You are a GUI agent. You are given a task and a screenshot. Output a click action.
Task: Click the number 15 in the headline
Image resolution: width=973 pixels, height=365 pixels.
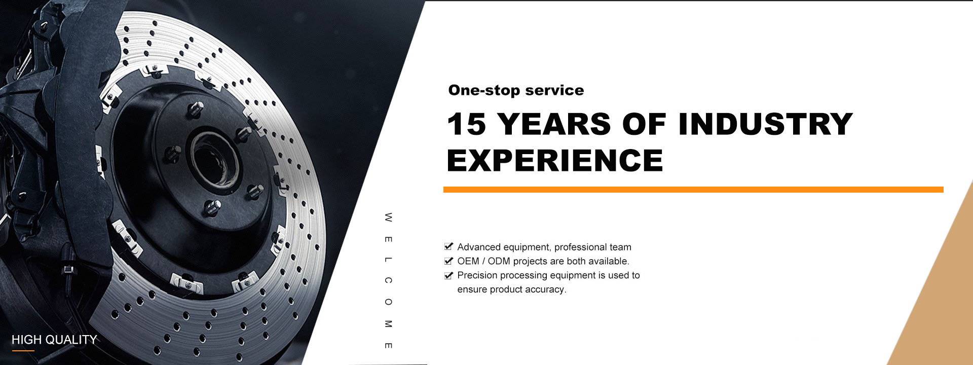pyautogui.click(x=466, y=124)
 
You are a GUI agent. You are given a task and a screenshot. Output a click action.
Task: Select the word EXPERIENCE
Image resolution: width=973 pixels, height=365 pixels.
pyautogui.click(x=555, y=161)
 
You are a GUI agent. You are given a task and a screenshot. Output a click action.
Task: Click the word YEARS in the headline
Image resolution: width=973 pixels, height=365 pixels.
pyautogui.click(x=554, y=124)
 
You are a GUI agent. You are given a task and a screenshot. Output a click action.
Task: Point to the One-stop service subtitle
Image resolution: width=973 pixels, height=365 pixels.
pyautogui.click(x=516, y=90)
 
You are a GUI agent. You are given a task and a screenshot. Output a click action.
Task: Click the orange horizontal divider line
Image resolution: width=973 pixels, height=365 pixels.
pyautogui.click(x=693, y=190)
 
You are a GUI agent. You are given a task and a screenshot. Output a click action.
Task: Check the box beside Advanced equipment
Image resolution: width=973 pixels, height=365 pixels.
pyautogui.click(x=448, y=247)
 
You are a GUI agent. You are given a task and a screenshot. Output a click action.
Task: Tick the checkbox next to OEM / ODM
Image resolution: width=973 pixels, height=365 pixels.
pyautogui.click(x=448, y=261)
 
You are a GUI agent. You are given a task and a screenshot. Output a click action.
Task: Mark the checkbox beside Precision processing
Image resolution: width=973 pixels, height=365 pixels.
pyautogui.click(x=448, y=275)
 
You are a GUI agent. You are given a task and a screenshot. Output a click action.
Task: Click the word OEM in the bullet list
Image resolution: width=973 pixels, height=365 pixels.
pyautogui.click(x=468, y=261)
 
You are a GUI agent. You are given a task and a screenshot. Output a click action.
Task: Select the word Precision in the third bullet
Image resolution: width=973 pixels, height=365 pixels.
pyautogui.click(x=477, y=275)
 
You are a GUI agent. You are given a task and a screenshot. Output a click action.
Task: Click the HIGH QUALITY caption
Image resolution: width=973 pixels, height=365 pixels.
pyautogui.click(x=54, y=340)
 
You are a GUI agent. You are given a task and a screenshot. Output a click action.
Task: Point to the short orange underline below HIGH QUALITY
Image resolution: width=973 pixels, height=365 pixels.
pyautogui.click(x=23, y=350)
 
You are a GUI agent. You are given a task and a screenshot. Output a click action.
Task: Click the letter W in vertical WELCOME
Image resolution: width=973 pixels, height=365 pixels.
pyautogui.click(x=388, y=217)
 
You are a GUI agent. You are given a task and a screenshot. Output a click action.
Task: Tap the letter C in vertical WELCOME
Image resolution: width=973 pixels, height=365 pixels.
pyautogui.click(x=388, y=280)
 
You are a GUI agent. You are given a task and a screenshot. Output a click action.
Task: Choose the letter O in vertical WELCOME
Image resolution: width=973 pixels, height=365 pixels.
pyautogui.click(x=388, y=302)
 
